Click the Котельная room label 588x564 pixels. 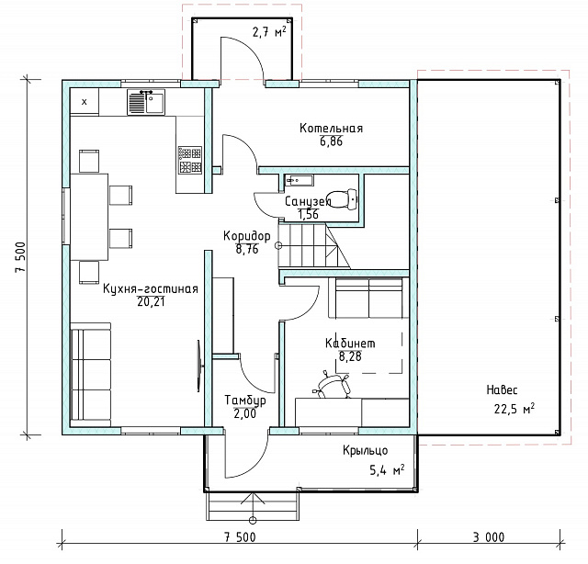[331, 129]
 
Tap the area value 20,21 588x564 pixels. [151, 302]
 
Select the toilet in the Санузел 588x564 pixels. [342, 198]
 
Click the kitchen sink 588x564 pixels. [146, 102]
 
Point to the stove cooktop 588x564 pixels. [190, 160]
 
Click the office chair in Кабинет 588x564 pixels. [333, 384]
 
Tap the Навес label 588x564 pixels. [502, 390]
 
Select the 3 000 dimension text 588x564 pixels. [489, 537]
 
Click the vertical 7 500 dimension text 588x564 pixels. [20, 257]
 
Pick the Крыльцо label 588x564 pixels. [365, 451]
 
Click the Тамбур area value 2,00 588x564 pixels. [245, 413]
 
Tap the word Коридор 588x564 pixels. [247, 236]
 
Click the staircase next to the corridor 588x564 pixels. [313, 244]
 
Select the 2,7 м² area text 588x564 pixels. [269, 32]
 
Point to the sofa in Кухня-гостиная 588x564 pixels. [91, 375]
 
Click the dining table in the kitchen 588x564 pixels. [89, 217]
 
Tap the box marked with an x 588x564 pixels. [85, 102]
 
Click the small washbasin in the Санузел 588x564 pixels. [299, 180]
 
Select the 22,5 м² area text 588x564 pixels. [514, 409]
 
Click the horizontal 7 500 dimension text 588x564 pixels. [240, 537]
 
